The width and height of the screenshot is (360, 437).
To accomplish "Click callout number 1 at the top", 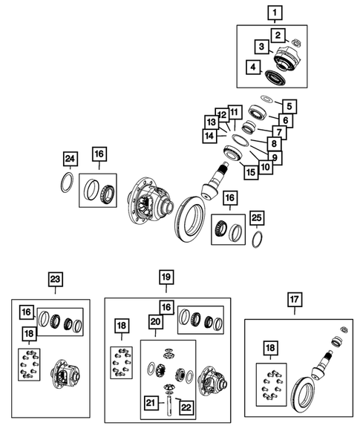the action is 275,13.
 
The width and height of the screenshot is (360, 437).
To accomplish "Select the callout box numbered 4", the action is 253,68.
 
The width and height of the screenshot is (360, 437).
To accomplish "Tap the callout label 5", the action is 289,106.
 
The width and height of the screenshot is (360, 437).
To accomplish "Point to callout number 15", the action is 251,172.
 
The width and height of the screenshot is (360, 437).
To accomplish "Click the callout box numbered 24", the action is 70,159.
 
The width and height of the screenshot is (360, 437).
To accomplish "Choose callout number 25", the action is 257,218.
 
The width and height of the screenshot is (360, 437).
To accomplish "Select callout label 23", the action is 55,279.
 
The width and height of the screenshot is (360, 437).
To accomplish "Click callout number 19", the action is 166,277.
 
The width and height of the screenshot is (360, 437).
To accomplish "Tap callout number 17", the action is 295,300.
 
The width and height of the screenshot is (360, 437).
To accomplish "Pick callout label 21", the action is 151,403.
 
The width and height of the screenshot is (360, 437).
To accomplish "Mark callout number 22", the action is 186,407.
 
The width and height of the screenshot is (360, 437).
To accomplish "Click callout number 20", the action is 156,322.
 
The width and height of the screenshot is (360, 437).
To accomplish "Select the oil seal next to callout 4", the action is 275,77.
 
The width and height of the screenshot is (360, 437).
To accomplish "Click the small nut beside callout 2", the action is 297,42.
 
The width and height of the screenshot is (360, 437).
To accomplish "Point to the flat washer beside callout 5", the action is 266,99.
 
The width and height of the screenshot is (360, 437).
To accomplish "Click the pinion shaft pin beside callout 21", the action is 169,406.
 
